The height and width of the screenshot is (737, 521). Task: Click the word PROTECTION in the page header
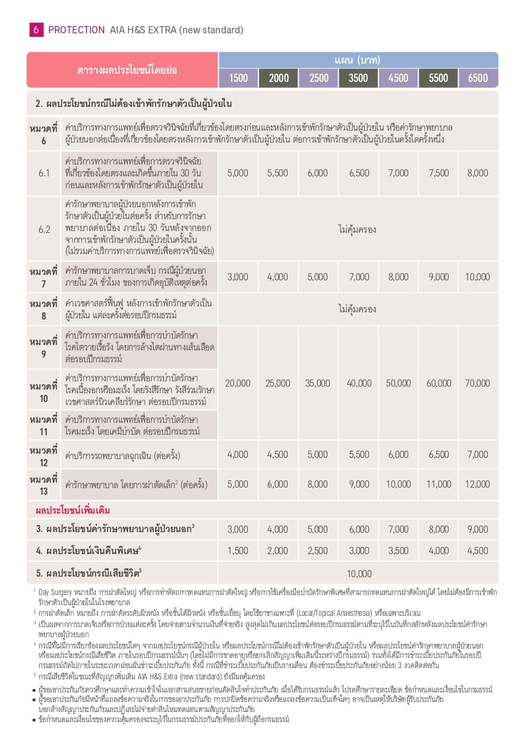point(75,30)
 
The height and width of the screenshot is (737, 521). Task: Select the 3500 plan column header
point(358,78)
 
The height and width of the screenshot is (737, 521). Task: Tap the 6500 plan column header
point(478,78)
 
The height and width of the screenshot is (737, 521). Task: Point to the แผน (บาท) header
point(358,60)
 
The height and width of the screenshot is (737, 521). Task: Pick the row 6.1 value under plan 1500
point(238,173)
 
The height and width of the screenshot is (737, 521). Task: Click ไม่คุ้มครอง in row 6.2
point(358,229)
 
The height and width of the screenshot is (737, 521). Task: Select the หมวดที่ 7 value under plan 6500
point(478,277)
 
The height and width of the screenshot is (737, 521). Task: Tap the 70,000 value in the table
point(478,383)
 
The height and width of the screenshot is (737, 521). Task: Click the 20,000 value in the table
point(238,383)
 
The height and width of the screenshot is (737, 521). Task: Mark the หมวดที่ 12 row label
point(43,455)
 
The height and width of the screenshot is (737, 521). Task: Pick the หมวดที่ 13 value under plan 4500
point(398,484)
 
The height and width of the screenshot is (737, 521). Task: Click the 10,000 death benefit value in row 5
point(358,573)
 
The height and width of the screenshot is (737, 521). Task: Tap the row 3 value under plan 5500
point(438,529)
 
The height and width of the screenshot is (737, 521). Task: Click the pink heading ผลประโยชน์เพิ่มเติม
point(73,510)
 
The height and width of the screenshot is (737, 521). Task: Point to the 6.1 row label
point(43,173)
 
